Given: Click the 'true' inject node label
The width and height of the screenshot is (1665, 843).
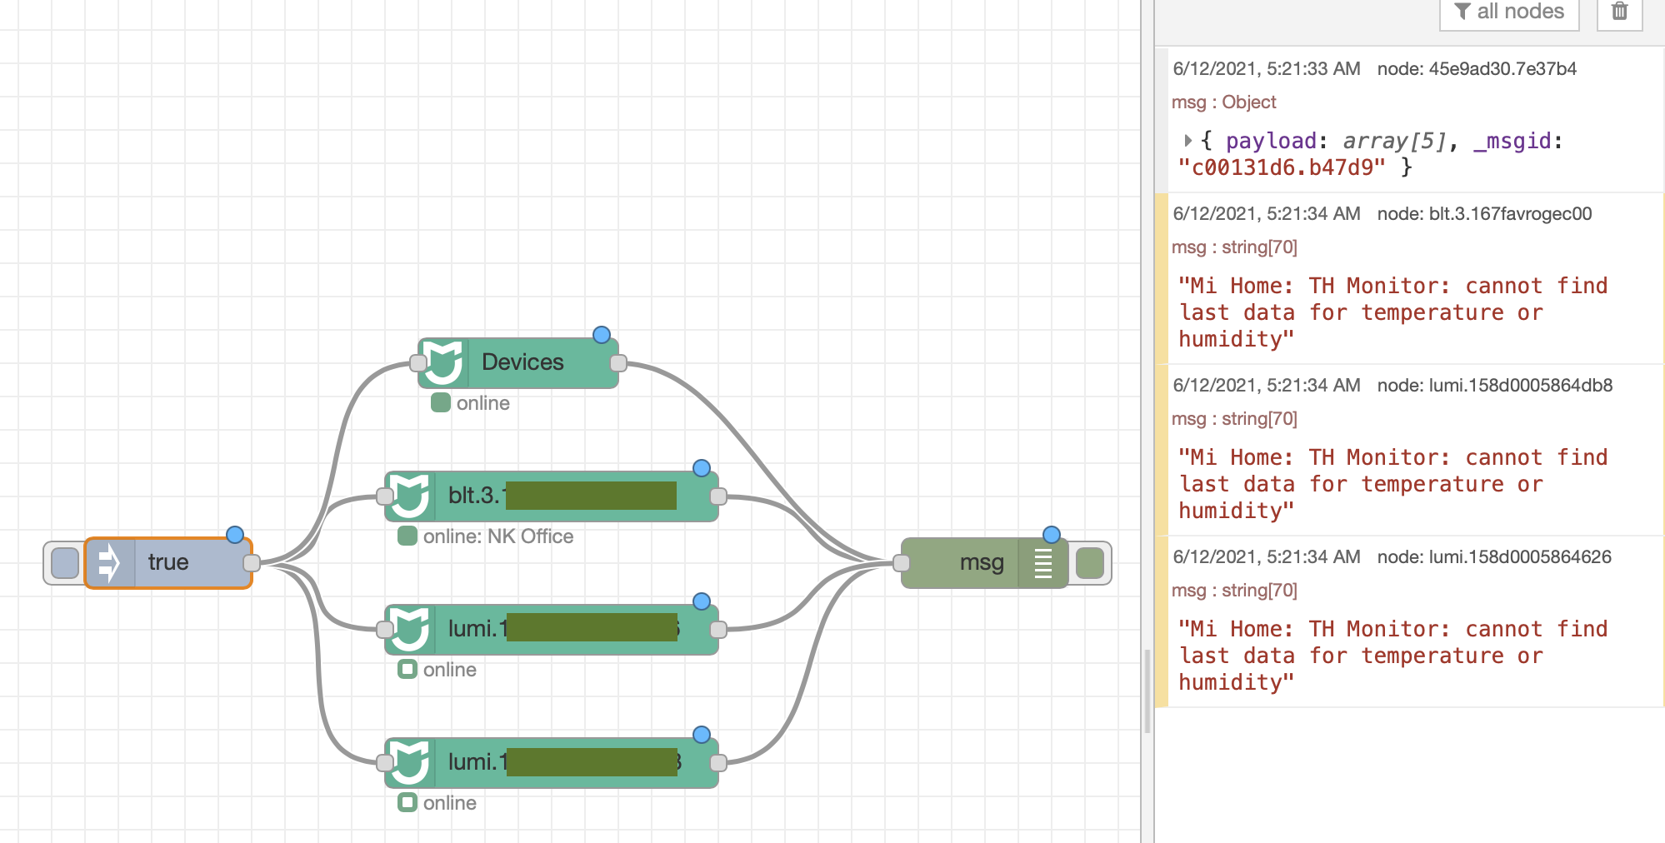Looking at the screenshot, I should click(168, 562).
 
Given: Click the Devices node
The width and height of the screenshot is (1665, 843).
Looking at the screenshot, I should click(522, 362).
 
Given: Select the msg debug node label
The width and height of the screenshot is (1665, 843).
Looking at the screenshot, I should click(981, 563).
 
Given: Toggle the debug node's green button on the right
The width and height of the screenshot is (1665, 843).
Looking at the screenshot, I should click(1090, 563).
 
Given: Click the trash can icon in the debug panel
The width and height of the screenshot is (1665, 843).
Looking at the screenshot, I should click(1619, 12).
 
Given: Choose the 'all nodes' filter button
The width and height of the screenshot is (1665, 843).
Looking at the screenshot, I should click(1509, 12).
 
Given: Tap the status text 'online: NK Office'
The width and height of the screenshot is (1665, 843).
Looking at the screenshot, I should click(497, 536).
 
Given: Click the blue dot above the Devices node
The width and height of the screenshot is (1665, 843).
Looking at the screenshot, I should click(602, 335).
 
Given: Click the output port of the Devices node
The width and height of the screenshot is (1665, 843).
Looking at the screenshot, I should click(618, 363).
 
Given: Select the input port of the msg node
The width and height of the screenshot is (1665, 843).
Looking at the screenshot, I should click(902, 563).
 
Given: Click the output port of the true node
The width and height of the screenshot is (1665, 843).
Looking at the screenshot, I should click(252, 563).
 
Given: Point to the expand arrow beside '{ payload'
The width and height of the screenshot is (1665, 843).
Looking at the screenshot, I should click(1187, 141).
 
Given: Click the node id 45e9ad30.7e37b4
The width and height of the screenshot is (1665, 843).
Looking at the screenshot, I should click(1502, 69).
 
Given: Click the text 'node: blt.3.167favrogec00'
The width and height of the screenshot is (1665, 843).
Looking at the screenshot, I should click(1484, 214).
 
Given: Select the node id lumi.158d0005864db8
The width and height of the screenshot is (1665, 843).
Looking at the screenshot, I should click(1520, 386).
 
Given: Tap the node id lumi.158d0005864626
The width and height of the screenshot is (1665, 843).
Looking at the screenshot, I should click(1520, 557).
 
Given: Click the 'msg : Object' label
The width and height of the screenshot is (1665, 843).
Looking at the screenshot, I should click(1223, 102).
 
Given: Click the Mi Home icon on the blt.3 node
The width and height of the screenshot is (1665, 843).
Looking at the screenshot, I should click(410, 496).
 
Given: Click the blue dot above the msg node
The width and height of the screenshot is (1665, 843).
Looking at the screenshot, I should click(1052, 534).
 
